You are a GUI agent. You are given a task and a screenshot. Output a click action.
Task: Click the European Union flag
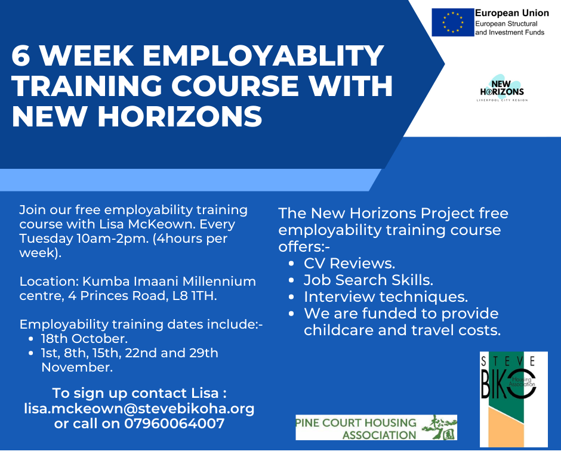(452, 22)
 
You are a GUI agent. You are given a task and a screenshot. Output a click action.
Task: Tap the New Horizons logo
(502, 88)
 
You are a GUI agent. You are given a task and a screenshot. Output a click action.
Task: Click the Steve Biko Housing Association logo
(514, 399)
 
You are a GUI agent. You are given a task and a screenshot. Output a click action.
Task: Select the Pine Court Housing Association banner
(377, 428)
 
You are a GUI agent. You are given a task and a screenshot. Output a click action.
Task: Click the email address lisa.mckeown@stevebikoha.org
(139, 408)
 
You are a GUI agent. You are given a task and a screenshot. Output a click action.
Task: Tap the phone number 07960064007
(175, 423)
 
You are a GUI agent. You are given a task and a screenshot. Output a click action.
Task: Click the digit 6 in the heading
(21, 55)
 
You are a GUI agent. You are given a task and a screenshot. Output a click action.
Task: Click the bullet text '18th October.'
(84, 338)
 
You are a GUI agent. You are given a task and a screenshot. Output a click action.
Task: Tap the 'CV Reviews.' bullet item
(350, 263)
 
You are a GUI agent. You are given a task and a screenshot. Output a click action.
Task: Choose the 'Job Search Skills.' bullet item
(368, 280)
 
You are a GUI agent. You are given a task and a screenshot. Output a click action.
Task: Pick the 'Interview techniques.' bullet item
(386, 297)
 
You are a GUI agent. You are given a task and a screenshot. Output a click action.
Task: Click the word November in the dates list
(77, 367)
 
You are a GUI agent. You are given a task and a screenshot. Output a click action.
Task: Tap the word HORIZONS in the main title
(180, 117)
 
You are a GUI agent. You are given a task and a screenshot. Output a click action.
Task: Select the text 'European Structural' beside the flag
(506, 24)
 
